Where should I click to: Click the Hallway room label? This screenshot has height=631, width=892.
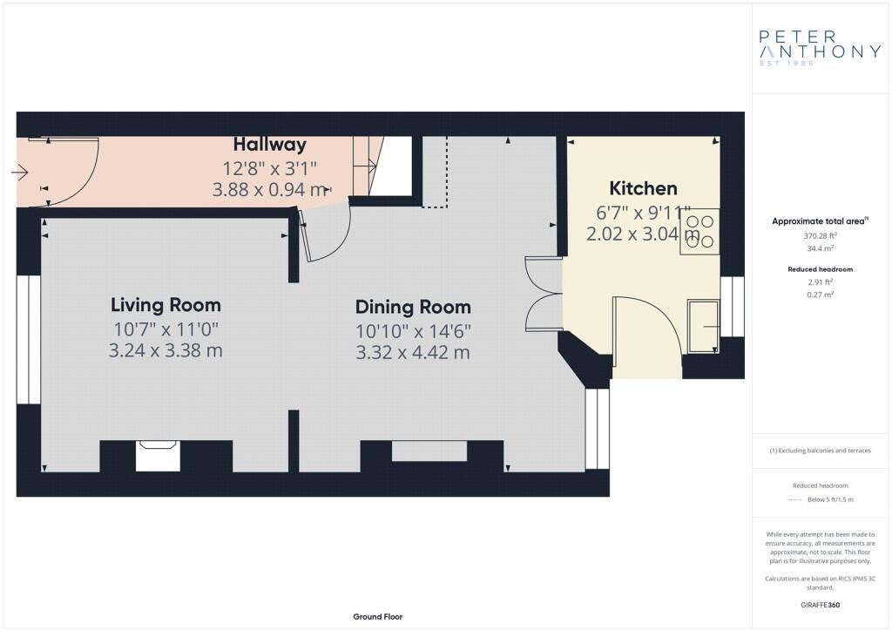click(x=270, y=145)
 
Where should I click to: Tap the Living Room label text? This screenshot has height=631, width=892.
click(x=166, y=305)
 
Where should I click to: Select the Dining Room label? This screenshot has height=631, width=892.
click(x=413, y=308)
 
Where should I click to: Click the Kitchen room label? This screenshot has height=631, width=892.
click(x=643, y=188)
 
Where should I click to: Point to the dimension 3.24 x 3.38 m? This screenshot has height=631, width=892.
click(x=166, y=350)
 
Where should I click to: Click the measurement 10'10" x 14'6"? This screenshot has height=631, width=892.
click(x=413, y=331)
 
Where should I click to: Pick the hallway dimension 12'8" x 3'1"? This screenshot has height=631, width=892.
click(x=270, y=168)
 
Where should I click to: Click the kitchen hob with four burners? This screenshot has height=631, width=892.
click(x=699, y=232)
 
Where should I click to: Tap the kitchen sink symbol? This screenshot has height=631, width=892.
click(x=703, y=326)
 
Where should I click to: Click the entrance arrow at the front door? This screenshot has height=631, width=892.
click(x=19, y=172)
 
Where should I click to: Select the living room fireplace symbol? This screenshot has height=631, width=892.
click(x=158, y=456)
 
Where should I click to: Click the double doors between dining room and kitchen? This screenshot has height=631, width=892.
click(x=544, y=294)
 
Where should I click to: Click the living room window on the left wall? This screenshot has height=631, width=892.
click(x=28, y=340)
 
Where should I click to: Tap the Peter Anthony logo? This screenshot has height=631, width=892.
click(x=820, y=48)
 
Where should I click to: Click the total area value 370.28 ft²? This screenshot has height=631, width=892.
click(x=820, y=235)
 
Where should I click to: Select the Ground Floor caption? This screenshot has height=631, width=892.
click(x=378, y=617)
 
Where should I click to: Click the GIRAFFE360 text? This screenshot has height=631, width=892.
click(x=820, y=605)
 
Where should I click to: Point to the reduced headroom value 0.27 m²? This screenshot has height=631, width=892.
click(x=820, y=295)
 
